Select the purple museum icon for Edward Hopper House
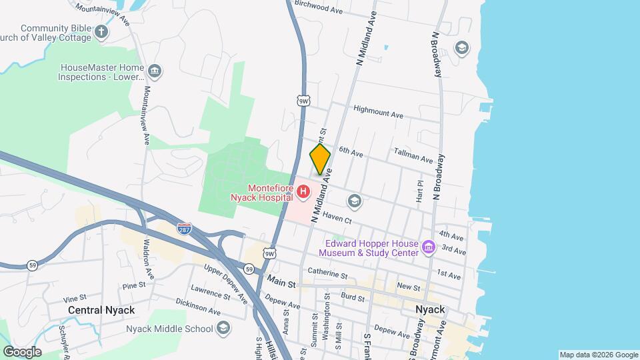pos(429,248)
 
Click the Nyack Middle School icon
pos(223,329)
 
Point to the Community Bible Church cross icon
pos(101,31)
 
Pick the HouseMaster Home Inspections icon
pos(155,71)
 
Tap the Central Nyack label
pos(101,310)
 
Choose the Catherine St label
pos(328,273)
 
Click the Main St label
pos(281,283)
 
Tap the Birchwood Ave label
pos(318,9)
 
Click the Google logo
pos(22,351)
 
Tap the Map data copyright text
pos(598,355)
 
